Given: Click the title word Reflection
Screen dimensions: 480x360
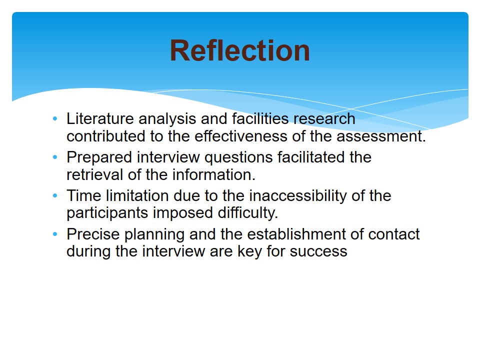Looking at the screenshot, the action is click(x=239, y=50).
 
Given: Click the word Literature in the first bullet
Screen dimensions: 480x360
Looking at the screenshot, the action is click(x=100, y=119).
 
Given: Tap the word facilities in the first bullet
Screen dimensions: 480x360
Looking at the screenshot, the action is click(x=260, y=119).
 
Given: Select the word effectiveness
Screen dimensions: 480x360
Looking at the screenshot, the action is click(x=241, y=136).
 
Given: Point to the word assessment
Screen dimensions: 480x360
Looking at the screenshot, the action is click(x=381, y=136).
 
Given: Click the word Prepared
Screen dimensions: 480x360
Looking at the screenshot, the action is click(x=99, y=158).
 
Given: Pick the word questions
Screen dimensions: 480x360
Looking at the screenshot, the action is click(x=238, y=158).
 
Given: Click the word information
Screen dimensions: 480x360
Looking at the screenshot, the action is click(x=213, y=175).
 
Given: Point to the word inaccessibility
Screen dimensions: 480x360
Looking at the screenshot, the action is click(x=298, y=196).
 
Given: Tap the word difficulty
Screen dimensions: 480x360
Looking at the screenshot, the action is click(x=248, y=213).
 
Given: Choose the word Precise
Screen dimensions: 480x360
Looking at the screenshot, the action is click(x=93, y=234).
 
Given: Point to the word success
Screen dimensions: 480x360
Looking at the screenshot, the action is click(x=318, y=252).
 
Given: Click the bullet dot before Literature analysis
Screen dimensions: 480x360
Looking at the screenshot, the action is click(x=55, y=119).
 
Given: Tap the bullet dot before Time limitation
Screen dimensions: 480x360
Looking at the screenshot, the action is click(x=55, y=196).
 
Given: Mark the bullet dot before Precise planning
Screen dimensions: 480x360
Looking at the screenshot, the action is click(x=55, y=234).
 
